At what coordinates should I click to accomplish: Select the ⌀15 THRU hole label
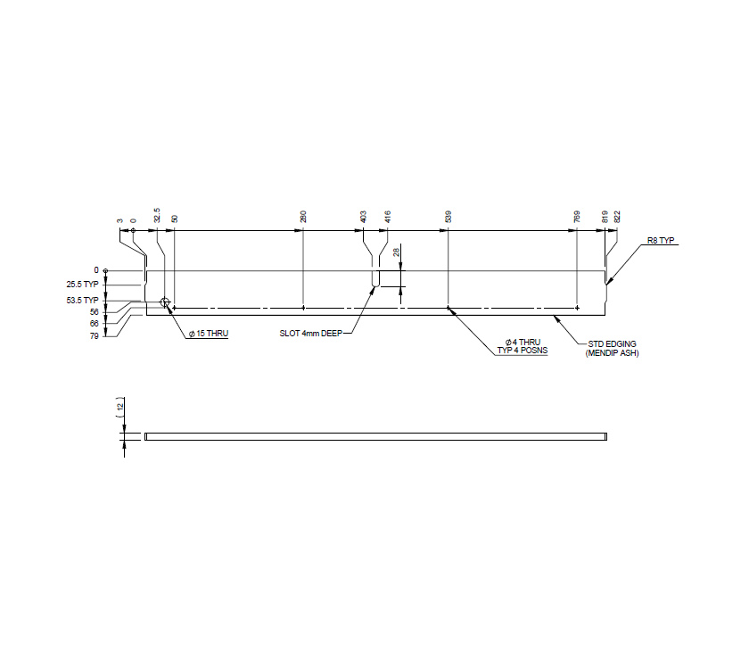click(208, 334)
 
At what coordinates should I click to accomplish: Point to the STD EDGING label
click(613, 344)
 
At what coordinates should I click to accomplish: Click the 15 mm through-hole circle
click(165, 303)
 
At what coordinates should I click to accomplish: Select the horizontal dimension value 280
click(303, 216)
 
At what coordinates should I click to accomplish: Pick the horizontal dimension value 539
click(448, 216)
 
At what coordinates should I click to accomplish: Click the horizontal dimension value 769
click(578, 216)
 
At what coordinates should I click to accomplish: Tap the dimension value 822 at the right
click(617, 216)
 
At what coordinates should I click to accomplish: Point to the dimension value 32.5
click(157, 215)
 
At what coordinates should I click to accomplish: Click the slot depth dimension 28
click(396, 253)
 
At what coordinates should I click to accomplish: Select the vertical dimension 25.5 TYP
click(83, 285)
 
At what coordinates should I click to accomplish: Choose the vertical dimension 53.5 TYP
click(83, 300)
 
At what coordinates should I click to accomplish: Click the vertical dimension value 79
click(94, 336)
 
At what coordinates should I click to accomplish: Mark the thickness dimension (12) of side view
click(119, 406)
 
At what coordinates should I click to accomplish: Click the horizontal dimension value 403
click(363, 216)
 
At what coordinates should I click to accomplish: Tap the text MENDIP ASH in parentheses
click(613, 354)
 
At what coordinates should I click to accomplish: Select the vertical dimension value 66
click(94, 324)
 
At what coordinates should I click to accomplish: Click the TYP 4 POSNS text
click(523, 351)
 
